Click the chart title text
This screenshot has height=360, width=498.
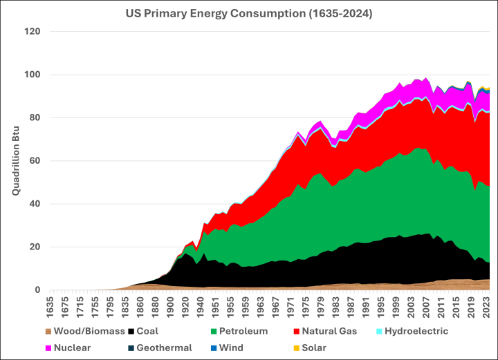tap(248, 12)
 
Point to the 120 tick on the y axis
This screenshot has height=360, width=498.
tap(33, 32)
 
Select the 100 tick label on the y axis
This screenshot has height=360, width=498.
tap(33, 75)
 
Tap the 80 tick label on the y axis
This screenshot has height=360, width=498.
tap(35, 118)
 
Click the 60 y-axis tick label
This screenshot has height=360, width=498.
tap(35, 161)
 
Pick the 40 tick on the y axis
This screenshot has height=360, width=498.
tap(35, 204)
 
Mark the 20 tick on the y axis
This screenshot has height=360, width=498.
tap(35, 247)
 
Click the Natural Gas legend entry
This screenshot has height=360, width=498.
tap(317, 331)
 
